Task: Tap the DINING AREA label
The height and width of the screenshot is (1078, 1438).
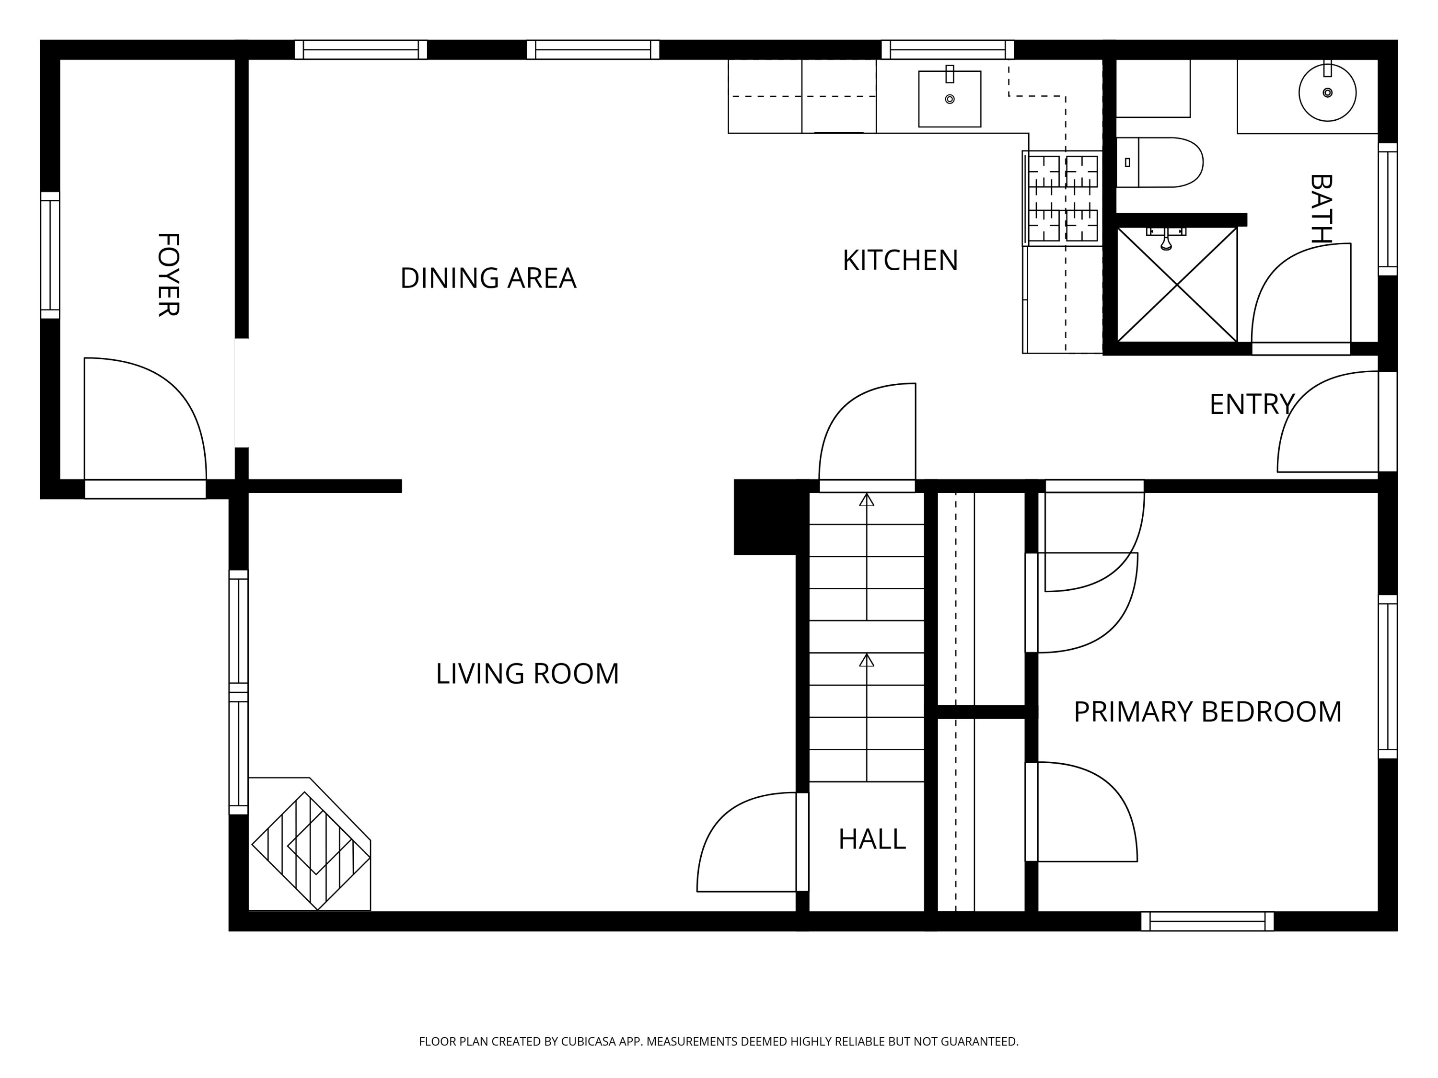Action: [x=488, y=278]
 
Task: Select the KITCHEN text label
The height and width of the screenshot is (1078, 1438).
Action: [x=900, y=261]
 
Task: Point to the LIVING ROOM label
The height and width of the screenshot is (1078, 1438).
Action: [x=527, y=674]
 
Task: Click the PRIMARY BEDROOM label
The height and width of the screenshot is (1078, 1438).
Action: [x=1208, y=712]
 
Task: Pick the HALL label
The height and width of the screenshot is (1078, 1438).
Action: [x=872, y=839]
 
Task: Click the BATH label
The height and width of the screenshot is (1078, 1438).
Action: [x=1321, y=208]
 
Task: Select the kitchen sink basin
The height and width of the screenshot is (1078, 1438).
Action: [x=949, y=99]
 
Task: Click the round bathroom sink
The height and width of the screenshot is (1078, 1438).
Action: [x=1327, y=93]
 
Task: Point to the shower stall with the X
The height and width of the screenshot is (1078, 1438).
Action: [x=1177, y=284]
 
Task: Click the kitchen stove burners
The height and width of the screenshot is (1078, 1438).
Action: [x=1063, y=198]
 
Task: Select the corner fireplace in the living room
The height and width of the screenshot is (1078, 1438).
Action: [x=310, y=845]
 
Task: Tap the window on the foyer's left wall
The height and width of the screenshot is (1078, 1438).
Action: [x=50, y=255]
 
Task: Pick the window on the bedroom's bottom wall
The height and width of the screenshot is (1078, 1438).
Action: [x=1207, y=921]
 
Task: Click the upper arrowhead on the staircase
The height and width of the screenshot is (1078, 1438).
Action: [x=867, y=500]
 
